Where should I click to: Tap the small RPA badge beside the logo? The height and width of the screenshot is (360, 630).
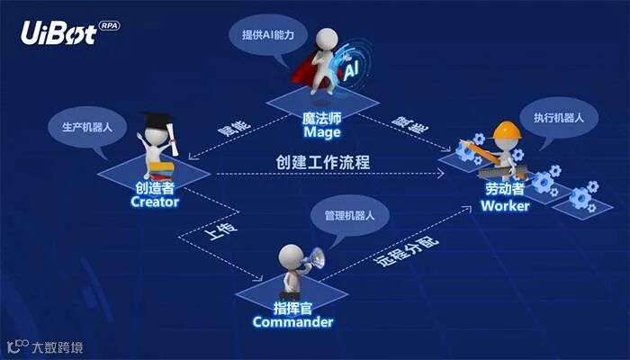click(x=108, y=26)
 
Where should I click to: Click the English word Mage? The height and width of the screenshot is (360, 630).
click(x=321, y=132)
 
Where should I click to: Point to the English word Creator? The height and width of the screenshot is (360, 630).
click(x=155, y=202)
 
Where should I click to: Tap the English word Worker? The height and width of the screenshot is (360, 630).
click(x=505, y=205)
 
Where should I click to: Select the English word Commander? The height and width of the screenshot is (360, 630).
click(x=292, y=321)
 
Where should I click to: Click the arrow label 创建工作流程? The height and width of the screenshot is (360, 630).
click(x=323, y=163)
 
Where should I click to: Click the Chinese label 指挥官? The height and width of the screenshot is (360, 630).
click(x=292, y=307)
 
